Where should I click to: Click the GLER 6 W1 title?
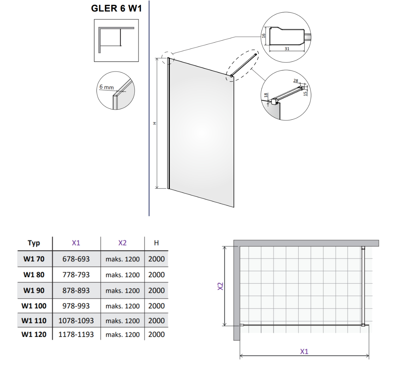tap(117, 8)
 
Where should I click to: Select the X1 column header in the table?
tap(76, 243)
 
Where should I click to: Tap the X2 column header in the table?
tap(123, 243)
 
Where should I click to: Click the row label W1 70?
tap(34, 259)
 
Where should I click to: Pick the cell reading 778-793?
tap(76, 275)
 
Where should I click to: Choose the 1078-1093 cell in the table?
tap(76, 321)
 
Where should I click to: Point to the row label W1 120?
tap(34, 334)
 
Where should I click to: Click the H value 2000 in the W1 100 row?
tap(156, 306)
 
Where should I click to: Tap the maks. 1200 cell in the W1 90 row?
tap(123, 290)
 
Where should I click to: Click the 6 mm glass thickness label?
tap(107, 87)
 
